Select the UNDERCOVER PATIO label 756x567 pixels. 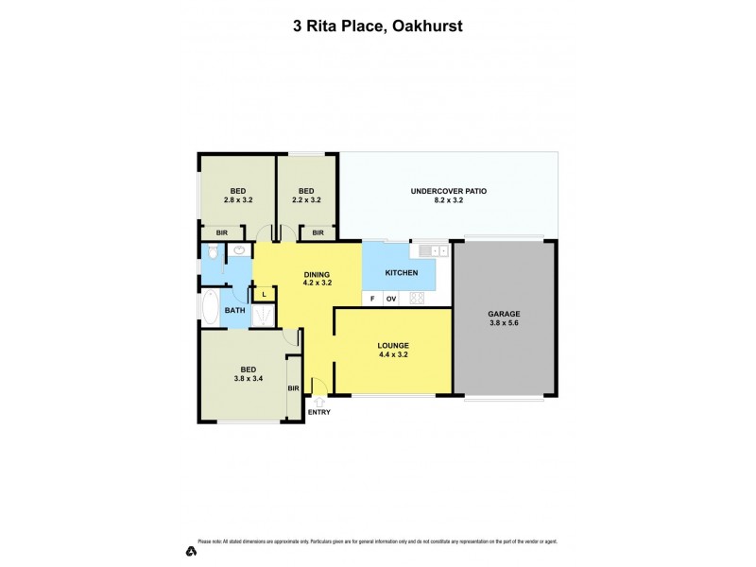coord(448,191)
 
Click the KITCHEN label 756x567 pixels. coord(401,273)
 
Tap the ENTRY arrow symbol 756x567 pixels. coord(319,402)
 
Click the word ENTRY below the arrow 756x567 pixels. coord(319,412)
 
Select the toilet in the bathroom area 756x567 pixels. coord(213,251)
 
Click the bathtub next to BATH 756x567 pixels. coord(210,307)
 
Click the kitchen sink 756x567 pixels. coord(431,250)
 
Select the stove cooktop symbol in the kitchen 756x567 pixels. coord(417,299)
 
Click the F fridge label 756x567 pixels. coord(372,299)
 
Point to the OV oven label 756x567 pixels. coord(390,299)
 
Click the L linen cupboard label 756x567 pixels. coord(265,295)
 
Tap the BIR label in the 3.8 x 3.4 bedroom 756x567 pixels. coord(293,388)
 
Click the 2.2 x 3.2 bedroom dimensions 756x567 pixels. coord(304,200)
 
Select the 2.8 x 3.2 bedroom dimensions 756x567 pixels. coord(237,200)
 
